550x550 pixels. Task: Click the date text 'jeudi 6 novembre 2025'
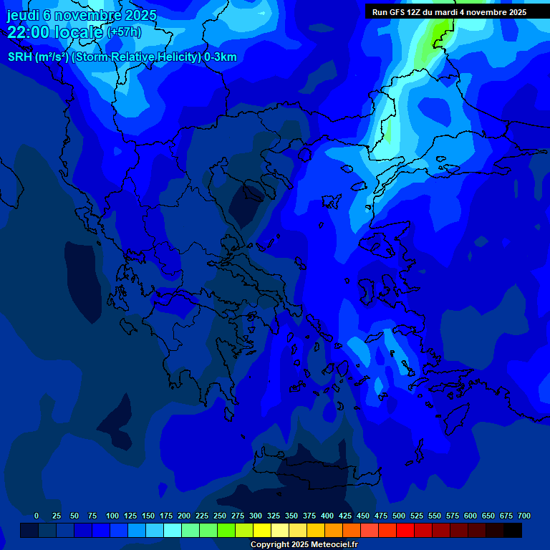pos(82,15)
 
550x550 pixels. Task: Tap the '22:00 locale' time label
pos(56,32)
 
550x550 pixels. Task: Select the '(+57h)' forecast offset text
pos(124,32)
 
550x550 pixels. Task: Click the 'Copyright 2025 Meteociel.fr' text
pos(304,545)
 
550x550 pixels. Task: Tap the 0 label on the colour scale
pos(37,516)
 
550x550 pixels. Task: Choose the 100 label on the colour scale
pos(112,516)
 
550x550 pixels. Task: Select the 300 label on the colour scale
pos(256,516)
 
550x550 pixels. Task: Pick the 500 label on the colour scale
pos(399,516)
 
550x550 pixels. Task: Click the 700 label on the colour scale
pos(524,516)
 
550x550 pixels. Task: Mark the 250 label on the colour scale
pos(220,516)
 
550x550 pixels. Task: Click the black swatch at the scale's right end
pos(513,530)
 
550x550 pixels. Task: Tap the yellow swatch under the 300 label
pos(262,530)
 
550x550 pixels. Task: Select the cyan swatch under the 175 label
pos(173,530)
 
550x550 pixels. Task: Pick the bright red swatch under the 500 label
pos(405,530)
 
